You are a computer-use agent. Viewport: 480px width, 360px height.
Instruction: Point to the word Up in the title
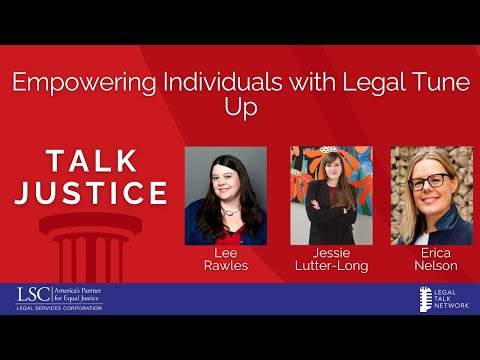tap(240, 107)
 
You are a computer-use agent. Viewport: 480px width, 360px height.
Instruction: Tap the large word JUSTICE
tap(90, 192)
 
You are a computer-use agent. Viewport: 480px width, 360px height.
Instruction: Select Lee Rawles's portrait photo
tap(226, 196)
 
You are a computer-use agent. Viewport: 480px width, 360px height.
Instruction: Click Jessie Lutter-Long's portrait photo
tap(331, 196)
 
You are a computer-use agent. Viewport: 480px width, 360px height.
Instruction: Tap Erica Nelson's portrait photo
tap(431, 196)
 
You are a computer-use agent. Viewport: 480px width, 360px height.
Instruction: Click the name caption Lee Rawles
tap(226, 260)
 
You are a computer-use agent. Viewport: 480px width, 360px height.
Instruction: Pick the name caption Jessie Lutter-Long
tap(331, 260)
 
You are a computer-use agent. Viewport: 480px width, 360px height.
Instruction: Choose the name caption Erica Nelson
tap(431, 260)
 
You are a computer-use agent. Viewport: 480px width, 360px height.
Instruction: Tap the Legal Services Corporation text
tap(59, 308)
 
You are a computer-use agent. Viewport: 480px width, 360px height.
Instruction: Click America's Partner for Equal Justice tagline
tap(78, 293)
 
